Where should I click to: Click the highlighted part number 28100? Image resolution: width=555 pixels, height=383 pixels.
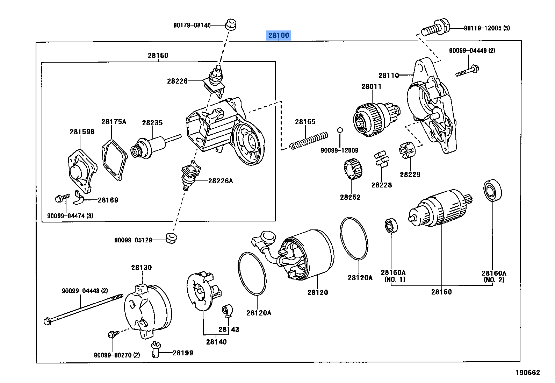(x=279, y=35)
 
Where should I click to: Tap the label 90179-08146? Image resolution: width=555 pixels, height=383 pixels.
(x=192, y=25)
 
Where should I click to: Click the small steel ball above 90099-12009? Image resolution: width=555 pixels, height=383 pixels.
(x=339, y=130)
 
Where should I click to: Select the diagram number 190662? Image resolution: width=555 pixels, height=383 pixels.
(x=527, y=373)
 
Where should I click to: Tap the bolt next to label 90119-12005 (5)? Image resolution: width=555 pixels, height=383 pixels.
(x=434, y=28)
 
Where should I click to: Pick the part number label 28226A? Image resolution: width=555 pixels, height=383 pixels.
(x=221, y=181)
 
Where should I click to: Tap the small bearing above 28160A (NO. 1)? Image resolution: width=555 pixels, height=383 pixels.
(x=390, y=226)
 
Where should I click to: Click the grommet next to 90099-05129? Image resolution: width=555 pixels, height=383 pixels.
(x=171, y=237)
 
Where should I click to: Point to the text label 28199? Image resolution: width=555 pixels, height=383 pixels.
(x=183, y=353)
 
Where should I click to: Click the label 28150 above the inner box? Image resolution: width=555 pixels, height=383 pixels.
(x=158, y=55)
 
